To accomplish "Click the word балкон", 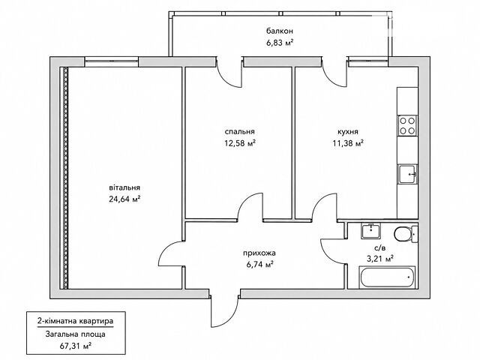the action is pyautogui.click(x=280, y=31).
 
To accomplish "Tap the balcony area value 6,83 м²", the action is pyautogui.click(x=280, y=43).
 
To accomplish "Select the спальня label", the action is pyautogui.click(x=240, y=132).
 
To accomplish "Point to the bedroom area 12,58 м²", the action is pyautogui.click(x=240, y=143).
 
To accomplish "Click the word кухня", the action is pyautogui.click(x=348, y=132).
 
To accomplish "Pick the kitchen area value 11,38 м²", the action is pyautogui.click(x=348, y=143).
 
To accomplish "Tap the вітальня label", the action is pyautogui.click(x=124, y=187).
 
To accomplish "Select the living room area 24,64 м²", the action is pyautogui.click(x=124, y=199).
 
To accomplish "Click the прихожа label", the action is pyautogui.click(x=259, y=253).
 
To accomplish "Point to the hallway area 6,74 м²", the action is pyautogui.click(x=259, y=265).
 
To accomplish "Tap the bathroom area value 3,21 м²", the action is pyautogui.click(x=380, y=259).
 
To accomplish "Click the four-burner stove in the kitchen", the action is pyautogui.click(x=407, y=125).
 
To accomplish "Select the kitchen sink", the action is pyautogui.click(x=407, y=174).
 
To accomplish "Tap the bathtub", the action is pyautogui.click(x=387, y=277).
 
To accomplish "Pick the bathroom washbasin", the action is pyautogui.click(x=370, y=231).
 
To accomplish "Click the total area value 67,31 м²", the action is pyautogui.click(x=75, y=346).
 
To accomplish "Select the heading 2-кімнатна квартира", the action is pyautogui.click(x=75, y=321).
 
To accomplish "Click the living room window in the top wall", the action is pyautogui.click(x=112, y=61).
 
